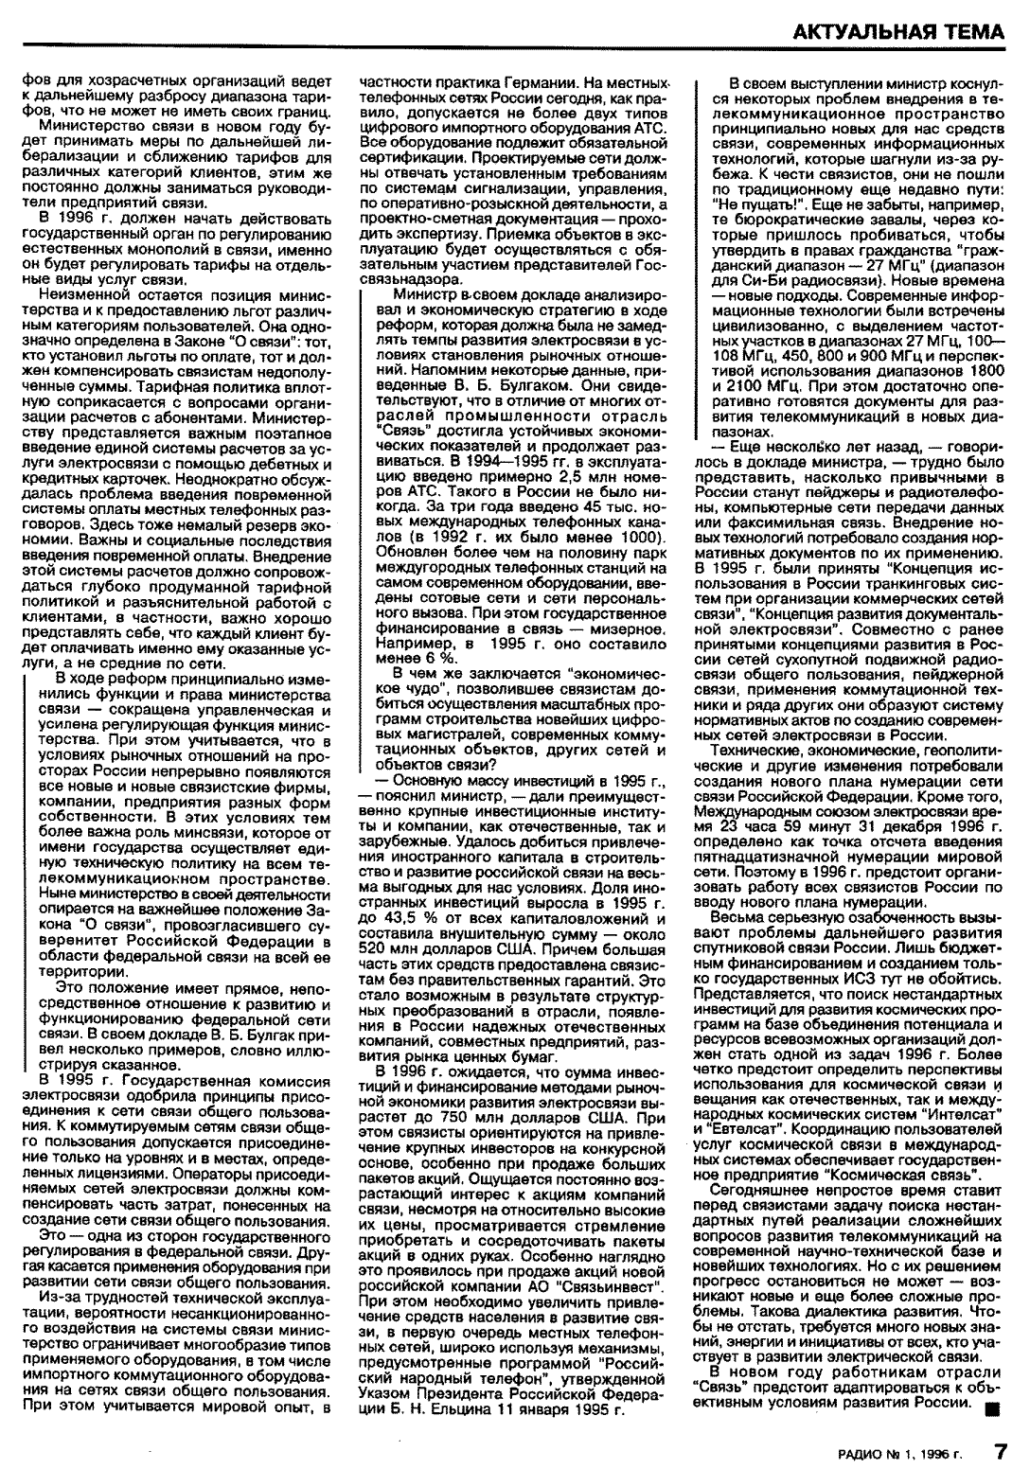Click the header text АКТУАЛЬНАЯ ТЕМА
[x=899, y=31]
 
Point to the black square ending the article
[x=991, y=1407]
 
